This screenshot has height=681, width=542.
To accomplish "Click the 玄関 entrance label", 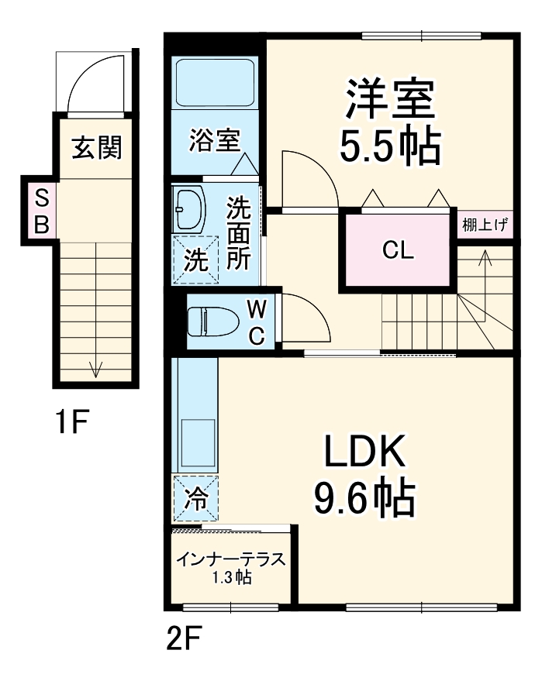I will click(x=97, y=147).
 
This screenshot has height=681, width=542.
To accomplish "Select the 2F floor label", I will click(x=184, y=640).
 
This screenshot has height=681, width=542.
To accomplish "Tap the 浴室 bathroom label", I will click(x=215, y=142).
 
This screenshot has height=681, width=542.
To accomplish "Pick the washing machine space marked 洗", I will click(x=195, y=256).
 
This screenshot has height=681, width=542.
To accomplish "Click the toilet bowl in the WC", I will click(x=210, y=321).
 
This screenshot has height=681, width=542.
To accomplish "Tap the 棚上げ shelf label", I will click(x=485, y=226).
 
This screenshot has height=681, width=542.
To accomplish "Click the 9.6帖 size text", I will click(x=364, y=500).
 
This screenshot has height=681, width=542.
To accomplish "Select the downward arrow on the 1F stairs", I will click(x=95, y=368).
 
